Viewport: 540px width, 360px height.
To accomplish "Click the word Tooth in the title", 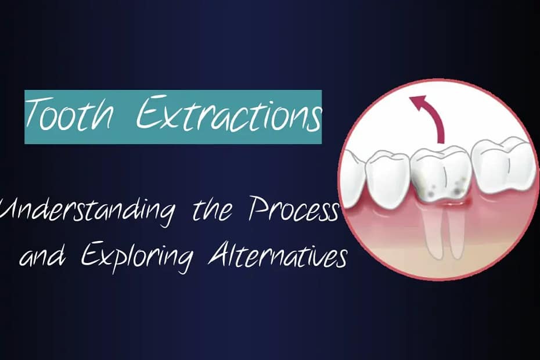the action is [69, 114].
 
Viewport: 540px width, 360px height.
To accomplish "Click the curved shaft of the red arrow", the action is [437, 121].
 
